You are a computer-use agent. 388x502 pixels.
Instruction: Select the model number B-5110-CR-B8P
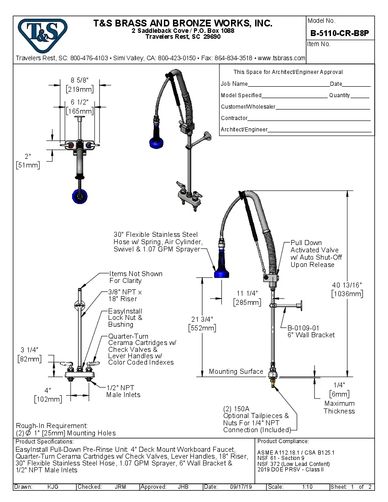339,33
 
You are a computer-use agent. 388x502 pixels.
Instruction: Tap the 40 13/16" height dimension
347,289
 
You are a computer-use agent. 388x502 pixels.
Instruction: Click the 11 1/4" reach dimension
247,298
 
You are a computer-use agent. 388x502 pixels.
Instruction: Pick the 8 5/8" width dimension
79,84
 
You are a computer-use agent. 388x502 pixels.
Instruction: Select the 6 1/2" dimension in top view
79,107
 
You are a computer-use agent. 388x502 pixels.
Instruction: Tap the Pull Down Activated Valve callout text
315,254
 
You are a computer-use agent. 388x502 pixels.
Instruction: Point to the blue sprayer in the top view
79,196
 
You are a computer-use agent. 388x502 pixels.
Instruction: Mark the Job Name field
234,84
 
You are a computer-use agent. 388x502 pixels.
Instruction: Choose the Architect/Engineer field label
244,130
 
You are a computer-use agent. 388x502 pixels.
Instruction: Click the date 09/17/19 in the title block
241,487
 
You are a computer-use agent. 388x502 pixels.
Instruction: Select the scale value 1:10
307,487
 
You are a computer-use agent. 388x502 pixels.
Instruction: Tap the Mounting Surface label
236,371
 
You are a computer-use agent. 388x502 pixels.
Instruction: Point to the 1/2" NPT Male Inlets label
123,391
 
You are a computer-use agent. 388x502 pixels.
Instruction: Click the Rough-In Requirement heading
52,425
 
